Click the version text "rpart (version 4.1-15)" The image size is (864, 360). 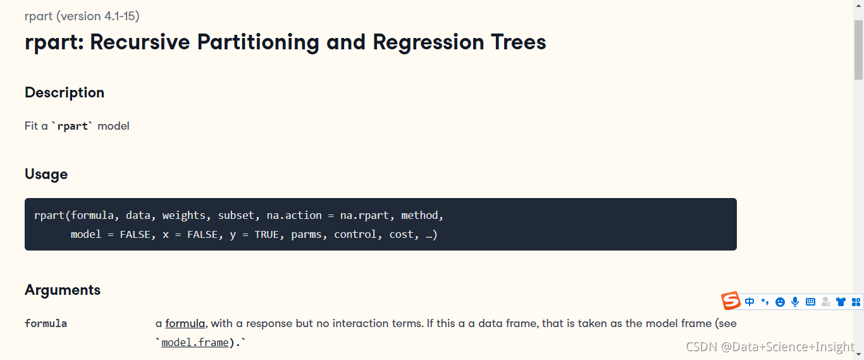coord(82,16)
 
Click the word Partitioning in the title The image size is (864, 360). coord(258,42)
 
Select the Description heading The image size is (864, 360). coord(65,93)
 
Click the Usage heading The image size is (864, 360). coord(46,175)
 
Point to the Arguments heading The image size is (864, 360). coord(63,290)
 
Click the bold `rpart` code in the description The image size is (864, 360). coord(73,126)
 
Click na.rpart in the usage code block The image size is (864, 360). coord(364,215)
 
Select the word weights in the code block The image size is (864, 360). coord(183,215)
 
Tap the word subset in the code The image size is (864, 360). coord(236,215)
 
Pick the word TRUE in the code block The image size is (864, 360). coord(266,235)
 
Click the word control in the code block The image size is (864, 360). coord(355,235)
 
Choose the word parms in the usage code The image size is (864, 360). coord(306,235)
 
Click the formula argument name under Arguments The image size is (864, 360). coord(46,323)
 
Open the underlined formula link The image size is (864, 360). coord(185,323)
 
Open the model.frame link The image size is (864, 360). coord(195,343)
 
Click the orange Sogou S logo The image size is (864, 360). coord(731,301)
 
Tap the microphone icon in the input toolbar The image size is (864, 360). coord(795,302)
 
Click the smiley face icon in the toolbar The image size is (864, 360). coord(780,302)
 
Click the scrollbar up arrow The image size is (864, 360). coord(858,6)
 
